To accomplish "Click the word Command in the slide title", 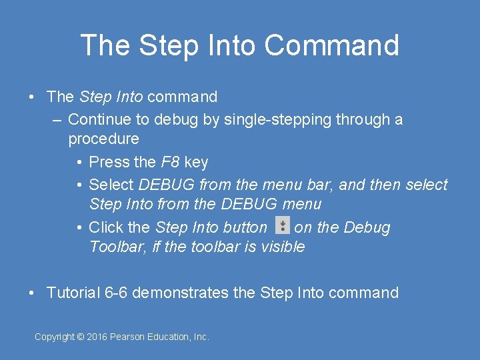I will (331, 45).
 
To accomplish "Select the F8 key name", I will (171, 162).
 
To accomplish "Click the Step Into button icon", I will (283, 225).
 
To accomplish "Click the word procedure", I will (103, 139).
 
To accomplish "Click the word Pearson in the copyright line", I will (130, 337).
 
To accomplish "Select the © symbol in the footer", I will (81, 337).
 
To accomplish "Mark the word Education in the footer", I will (171, 337).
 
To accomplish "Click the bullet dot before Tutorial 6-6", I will (32, 293).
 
